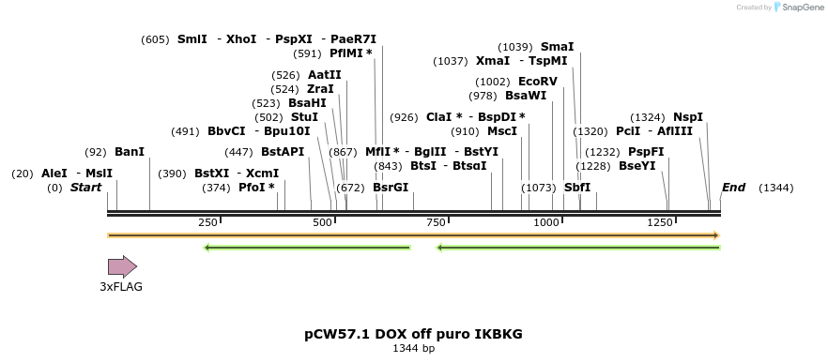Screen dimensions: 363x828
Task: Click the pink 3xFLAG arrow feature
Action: [122, 266]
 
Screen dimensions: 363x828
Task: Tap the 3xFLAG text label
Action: [121, 287]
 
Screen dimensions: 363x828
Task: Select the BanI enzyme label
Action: [130, 152]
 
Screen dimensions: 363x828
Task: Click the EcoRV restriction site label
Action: [537, 82]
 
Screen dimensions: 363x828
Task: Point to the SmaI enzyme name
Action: [557, 47]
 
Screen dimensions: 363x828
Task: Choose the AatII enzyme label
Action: [324, 75]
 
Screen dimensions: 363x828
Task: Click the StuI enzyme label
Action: [304, 117]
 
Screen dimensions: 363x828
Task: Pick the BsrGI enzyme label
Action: [391, 188]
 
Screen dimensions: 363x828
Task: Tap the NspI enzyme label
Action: [687, 117]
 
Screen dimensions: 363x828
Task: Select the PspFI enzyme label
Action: [646, 152]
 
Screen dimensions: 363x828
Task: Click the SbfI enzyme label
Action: [577, 188]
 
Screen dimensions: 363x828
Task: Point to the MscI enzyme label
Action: [502, 131]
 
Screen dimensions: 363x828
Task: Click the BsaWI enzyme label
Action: [525, 96]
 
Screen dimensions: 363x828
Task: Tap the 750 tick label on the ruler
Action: [436, 222]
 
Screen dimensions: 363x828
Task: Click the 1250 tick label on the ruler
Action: [659, 222]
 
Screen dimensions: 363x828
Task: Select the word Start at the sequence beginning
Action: [85, 188]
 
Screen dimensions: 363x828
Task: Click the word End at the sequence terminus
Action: [733, 188]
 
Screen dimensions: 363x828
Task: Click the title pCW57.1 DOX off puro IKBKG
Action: [413, 334]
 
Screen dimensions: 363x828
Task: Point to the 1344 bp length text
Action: [413, 349]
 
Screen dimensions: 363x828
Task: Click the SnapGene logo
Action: [799, 8]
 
